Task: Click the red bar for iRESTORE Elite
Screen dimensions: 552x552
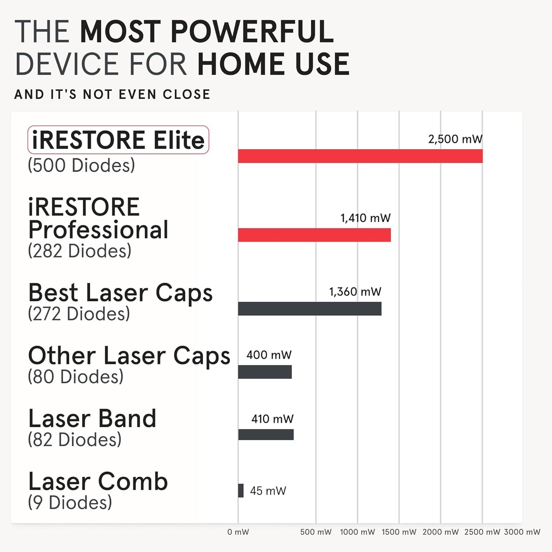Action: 360,156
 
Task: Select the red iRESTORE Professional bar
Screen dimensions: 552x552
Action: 314,235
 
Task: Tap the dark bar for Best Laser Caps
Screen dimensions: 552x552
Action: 309,309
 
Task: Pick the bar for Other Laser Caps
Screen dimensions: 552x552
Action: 265,372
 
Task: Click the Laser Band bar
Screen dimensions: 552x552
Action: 266,435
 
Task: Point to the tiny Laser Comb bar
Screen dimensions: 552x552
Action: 241,490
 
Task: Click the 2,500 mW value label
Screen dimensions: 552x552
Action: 455,139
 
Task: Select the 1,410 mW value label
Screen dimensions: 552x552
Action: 366,218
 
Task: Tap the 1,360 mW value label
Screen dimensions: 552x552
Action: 355,292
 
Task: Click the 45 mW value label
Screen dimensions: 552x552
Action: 268,491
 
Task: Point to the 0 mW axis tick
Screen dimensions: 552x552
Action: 238,532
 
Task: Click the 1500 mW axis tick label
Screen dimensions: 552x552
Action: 399,532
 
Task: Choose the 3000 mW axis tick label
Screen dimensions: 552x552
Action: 522,532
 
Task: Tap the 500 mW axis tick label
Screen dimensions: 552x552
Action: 316,532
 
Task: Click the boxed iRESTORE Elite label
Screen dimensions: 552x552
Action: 118,140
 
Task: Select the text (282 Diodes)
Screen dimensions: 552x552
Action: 79,251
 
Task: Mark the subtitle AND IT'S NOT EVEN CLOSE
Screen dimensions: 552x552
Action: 112,94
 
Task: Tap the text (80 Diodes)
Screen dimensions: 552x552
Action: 76,377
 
